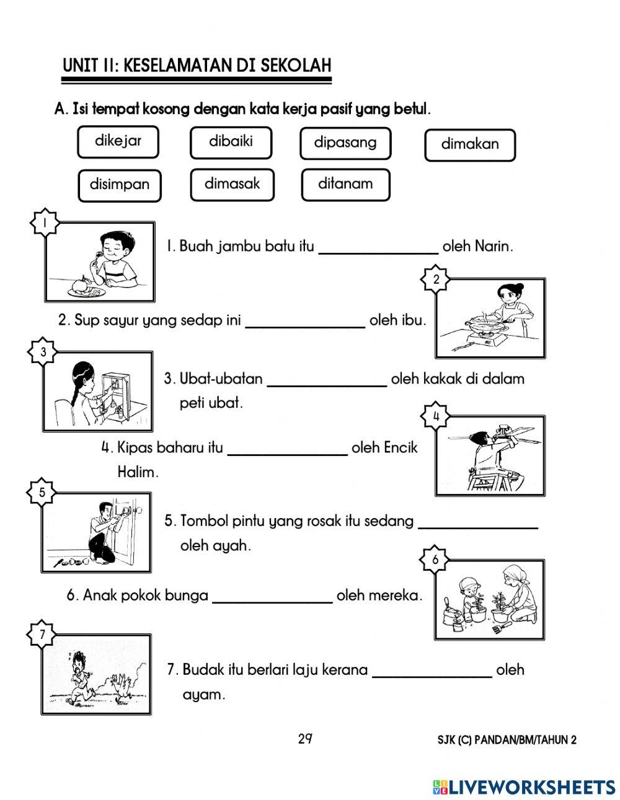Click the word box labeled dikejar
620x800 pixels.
click(x=118, y=141)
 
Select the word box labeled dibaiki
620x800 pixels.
click(x=231, y=142)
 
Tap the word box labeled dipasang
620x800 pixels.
click(x=345, y=143)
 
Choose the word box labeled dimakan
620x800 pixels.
click(x=469, y=144)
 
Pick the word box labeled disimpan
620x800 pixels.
click(x=120, y=185)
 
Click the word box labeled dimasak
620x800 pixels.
click(x=232, y=184)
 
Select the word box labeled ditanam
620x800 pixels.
click(x=345, y=184)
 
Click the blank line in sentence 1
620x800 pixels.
click(x=378, y=248)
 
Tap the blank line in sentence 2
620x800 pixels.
click(x=305, y=322)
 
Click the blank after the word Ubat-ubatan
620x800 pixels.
click(x=327, y=380)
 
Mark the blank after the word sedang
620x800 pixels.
click(x=478, y=523)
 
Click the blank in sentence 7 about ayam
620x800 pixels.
click(x=432, y=672)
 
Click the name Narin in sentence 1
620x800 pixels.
click(x=494, y=247)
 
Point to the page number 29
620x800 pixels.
click(x=304, y=739)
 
